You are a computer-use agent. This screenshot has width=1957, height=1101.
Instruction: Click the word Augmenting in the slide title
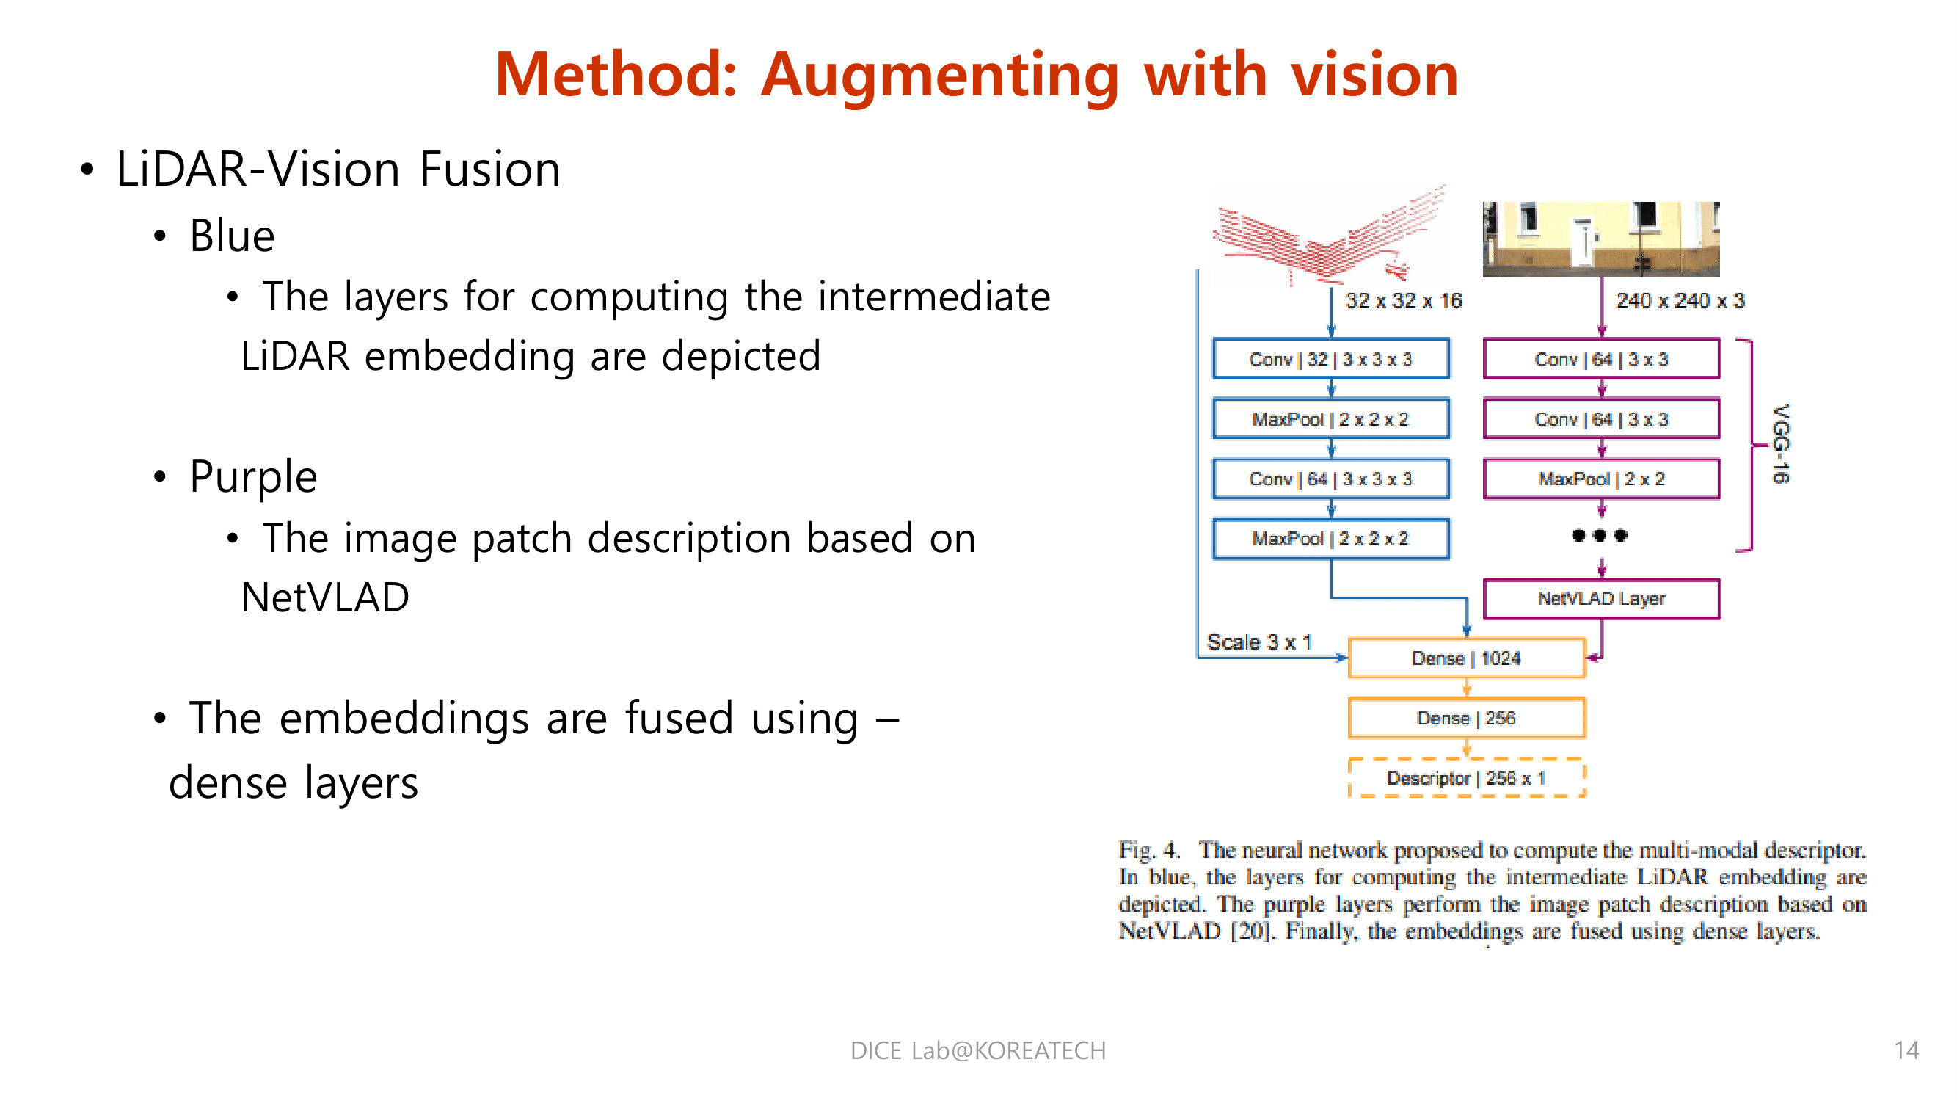coord(939,76)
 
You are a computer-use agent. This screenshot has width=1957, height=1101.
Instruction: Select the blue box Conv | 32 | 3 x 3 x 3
coord(1330,359)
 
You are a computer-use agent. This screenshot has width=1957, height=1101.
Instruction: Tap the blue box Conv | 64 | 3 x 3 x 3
coord(1330,479)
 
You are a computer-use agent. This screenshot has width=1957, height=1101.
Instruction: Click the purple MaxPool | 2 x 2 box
coord(1600,479)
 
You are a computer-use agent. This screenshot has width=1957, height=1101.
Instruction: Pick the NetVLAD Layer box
coord(1600,599)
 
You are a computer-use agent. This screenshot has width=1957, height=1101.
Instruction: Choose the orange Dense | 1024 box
coord(1465,658)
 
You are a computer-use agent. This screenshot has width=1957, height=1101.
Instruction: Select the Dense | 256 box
coord(1465,718)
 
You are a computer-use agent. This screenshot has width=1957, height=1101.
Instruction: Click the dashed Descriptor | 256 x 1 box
coord(1465,778)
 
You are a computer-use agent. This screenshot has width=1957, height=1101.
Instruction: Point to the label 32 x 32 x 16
coord(1402,301)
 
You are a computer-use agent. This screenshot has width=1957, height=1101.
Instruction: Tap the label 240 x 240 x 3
coord(1680,301)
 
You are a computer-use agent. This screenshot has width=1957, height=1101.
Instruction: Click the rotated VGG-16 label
coord(1780,445)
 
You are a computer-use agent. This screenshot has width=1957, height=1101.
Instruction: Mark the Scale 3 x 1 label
coord(1259,642)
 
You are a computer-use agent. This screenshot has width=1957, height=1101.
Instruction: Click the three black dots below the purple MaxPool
coord(1599,536)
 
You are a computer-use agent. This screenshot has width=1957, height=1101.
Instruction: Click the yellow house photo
coord(1600,239)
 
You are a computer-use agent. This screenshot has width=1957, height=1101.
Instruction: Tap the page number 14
coord(1906,1050)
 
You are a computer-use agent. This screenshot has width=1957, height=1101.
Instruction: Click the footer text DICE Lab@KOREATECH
coord(977,1050)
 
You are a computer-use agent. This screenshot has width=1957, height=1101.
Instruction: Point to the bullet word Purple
coord(253,477)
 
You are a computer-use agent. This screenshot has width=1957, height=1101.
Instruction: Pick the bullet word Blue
coord(232,236)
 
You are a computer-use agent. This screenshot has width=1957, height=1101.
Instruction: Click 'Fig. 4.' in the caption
coord(1148,849)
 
